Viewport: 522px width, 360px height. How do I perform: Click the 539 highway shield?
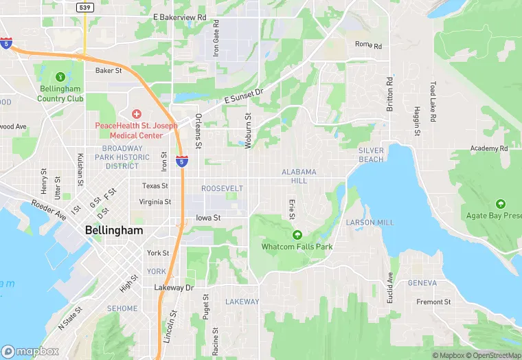pos(85,7)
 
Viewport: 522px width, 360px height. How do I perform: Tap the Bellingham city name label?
pos(114,231)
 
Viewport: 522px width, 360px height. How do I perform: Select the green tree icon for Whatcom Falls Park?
pos(297,234)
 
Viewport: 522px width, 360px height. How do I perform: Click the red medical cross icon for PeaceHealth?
pos(136,113)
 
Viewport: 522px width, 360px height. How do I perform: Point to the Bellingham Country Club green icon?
pos(60,76)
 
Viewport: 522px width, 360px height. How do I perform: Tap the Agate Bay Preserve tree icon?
pos(500,204)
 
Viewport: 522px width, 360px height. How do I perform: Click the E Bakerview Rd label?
pos(180,16)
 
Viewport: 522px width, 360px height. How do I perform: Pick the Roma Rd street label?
pos(368,45)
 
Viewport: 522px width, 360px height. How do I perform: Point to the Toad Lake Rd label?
pos(433,102)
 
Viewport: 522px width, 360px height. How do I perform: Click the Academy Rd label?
pos(488,148)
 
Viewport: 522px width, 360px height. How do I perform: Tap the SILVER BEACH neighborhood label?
pos(372,155)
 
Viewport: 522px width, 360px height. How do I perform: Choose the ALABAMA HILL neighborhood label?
pos(299,176)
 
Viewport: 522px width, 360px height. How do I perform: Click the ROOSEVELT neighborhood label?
pos(222,188)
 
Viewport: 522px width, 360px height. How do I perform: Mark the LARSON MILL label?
pos(370,223)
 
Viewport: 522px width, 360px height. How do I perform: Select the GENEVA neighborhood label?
pos(422,283)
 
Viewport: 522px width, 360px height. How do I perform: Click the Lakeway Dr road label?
pos(174,287)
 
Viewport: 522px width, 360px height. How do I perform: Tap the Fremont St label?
pos(433,302)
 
